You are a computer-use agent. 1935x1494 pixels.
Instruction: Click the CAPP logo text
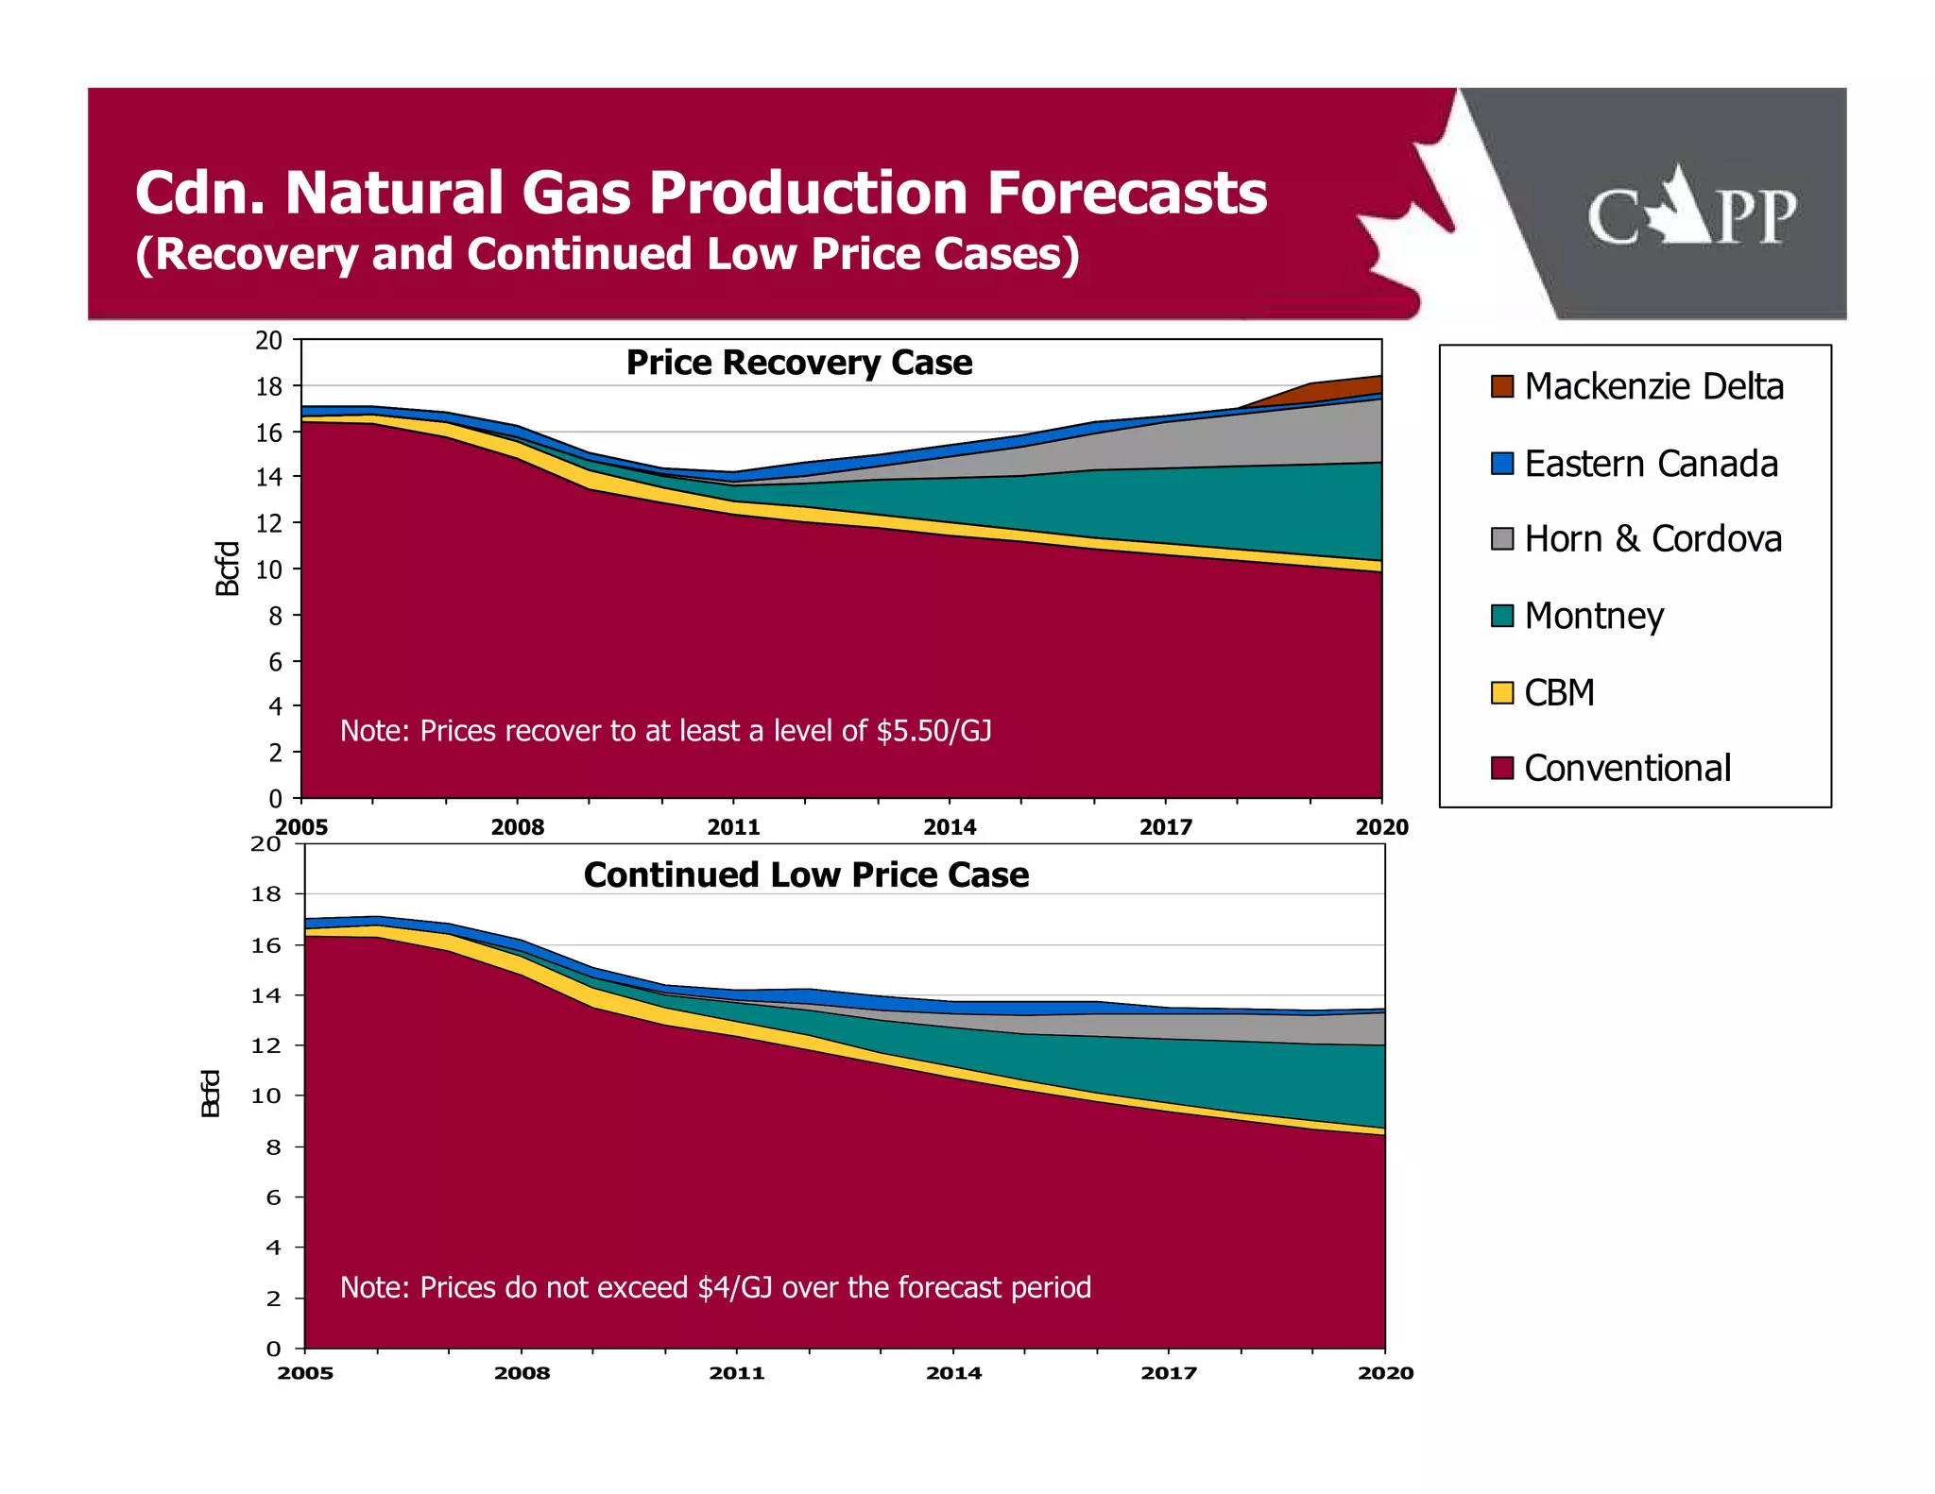[x=1691, y=215]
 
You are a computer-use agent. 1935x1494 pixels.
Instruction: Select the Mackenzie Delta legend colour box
[x=1501, y=386]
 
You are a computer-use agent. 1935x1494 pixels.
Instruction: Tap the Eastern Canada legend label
[x=1651, y=464]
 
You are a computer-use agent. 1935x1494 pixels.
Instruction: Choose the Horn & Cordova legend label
[x=1652, y=539]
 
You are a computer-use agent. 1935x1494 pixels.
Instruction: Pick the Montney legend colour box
[x=1501, y=616]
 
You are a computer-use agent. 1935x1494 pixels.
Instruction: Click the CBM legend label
[x=1559, y=693]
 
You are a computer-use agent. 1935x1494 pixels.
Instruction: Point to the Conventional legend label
[x=1627, y=769]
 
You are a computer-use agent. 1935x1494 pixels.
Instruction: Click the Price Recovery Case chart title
[x=798, y=364]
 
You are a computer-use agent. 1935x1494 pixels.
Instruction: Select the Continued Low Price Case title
[x=806, y=875]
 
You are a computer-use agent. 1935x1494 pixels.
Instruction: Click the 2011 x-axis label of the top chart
[x=733, y=827]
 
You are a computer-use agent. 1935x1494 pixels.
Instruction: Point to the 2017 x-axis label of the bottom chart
[x=1169, y=1373]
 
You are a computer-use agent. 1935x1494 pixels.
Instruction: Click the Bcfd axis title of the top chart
[x=228, y=569]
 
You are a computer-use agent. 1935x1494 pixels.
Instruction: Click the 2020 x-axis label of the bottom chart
[x=1385, y=1373]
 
